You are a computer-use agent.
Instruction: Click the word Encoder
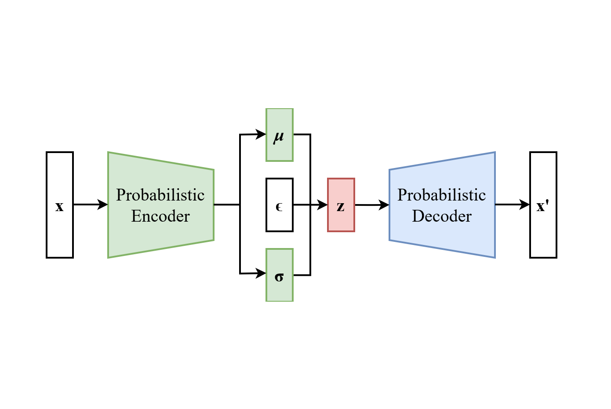[x=160, y=216]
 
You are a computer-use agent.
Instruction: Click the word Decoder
[x=442, y=216]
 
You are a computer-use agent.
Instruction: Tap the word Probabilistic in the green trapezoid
[x=160, y=195]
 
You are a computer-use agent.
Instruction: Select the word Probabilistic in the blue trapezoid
[x=442, y=195]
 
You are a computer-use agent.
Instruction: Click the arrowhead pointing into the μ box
[x=261, y=134]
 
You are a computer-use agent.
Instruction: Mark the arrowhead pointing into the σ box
[x=261, y=274]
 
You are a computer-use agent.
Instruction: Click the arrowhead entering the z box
[x=323, y=204]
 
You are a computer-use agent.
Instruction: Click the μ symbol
[x=279, y=137]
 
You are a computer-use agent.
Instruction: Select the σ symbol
[x=279, y=277]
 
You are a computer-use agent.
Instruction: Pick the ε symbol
[x=279, y=206]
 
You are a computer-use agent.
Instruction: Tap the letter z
[x=341, y=206]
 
